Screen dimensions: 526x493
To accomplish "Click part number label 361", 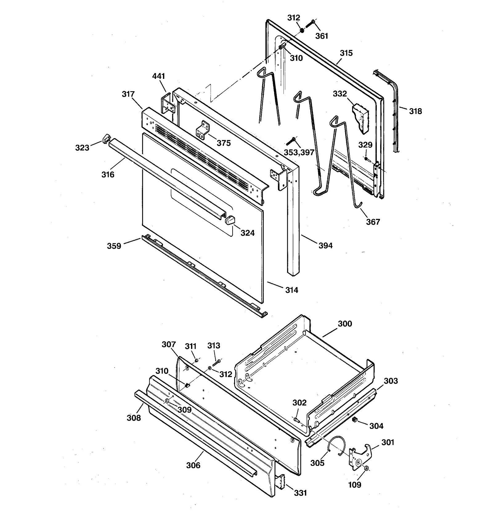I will (x=321, y=36).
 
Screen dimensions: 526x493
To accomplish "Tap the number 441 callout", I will (x=159, y=76).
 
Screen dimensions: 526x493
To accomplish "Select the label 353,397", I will (x=299, y=152).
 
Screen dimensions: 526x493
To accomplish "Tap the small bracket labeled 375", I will (x=202, y=130).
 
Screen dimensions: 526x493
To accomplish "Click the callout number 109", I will (x=354, y=485).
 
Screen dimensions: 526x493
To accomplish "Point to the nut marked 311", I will (x=196, y=360).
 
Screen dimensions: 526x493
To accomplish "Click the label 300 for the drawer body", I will (x=345, y=324).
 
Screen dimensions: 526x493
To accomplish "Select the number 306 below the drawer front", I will (x=193, y=465).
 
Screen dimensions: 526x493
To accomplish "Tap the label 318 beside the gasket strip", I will (x=415, y=111).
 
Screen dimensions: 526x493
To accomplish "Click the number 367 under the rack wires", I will (x=373, y=222).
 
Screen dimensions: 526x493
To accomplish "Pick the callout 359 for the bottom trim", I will (x=114, y=246).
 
